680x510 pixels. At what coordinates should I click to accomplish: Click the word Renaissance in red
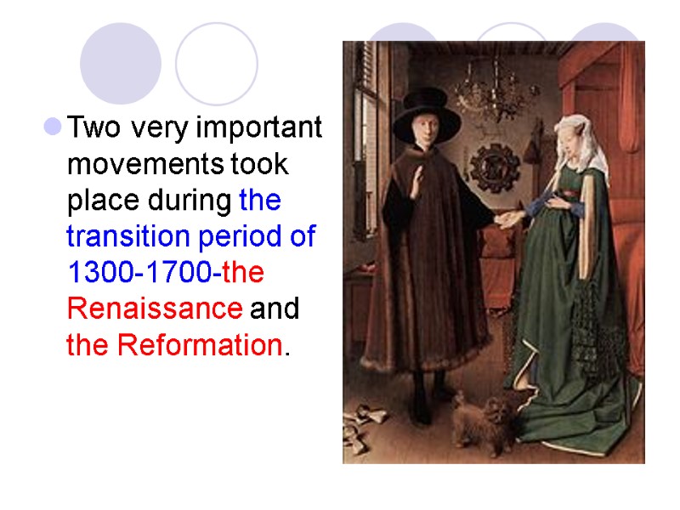tap(154, 309)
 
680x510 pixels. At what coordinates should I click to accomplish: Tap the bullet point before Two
tap(53, 127)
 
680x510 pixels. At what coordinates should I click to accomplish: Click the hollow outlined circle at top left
tap(216, 64)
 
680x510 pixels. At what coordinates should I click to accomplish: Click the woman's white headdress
tap(581, 140)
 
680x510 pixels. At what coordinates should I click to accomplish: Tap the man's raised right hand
tap(415, 184)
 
